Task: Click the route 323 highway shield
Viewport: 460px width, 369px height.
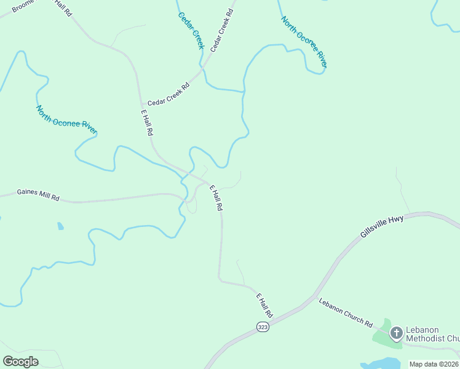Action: coord(263,327)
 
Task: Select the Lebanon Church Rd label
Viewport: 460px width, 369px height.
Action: coord(346,313)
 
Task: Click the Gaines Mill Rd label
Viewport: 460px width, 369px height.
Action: coord(38,194)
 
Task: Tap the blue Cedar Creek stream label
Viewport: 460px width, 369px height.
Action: coord(191,30)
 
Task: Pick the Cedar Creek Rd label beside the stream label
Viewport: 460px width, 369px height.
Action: coord(222,30)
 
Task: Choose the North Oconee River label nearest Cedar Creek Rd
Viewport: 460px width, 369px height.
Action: coord(304,41)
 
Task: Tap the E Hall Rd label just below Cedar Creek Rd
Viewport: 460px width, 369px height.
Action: coord(147,123)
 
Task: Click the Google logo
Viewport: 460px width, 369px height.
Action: coord(21,361)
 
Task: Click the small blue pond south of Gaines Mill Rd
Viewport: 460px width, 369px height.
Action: coord(60,226)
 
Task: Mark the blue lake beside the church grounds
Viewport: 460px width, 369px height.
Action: coord(381,363)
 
